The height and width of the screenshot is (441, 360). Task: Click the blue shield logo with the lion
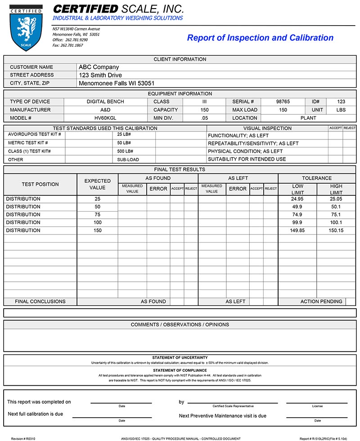pos(26,28)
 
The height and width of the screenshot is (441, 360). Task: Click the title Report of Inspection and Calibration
pos(260,38)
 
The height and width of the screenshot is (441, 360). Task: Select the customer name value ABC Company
pos(99,67)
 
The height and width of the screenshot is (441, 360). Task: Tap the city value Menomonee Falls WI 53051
pos(117,83)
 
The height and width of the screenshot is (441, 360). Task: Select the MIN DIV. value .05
pos(204,118)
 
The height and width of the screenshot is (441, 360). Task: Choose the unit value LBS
pos(341,110)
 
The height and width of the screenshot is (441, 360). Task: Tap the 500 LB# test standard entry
pos(126,151)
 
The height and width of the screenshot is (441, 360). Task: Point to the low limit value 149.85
pos(297,230)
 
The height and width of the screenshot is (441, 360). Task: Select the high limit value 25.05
pos(336,199)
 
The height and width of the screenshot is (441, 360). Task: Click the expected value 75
pos(98,215)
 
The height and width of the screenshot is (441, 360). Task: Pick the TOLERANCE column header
pos(317,178)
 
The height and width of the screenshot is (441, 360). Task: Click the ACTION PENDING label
pos(321,301)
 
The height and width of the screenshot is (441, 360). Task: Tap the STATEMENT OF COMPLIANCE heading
pos(180,370)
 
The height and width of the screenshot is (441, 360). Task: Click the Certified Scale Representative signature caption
pos(233,406)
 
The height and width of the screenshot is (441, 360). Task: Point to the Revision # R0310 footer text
pos(23,438)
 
